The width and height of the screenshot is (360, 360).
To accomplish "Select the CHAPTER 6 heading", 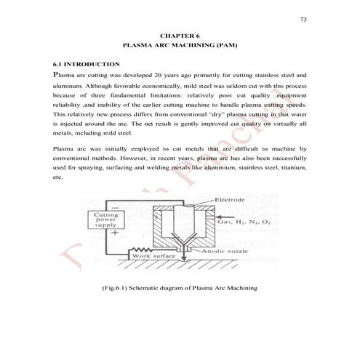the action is point(180,36).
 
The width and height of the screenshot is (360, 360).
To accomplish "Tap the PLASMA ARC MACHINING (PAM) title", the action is point(180,46).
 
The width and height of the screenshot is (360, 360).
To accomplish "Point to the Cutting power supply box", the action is point(102,220).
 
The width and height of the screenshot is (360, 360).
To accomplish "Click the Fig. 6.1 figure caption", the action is point(180,289).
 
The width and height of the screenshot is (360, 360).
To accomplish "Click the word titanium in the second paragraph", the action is point(291,167).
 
